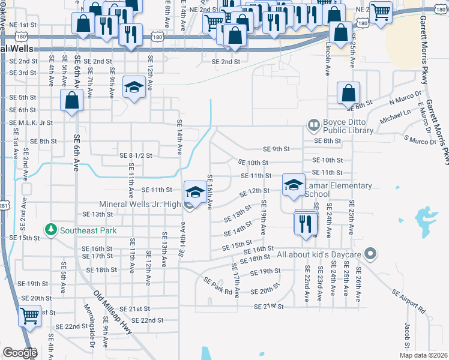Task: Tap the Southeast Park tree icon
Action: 52,230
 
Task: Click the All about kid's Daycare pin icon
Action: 370,254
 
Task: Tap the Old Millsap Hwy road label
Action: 113,313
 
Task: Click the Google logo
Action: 20,353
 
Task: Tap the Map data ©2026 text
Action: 421,355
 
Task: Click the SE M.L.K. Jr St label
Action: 31,122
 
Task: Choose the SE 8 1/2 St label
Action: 136,155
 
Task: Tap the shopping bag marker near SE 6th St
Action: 349,94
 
